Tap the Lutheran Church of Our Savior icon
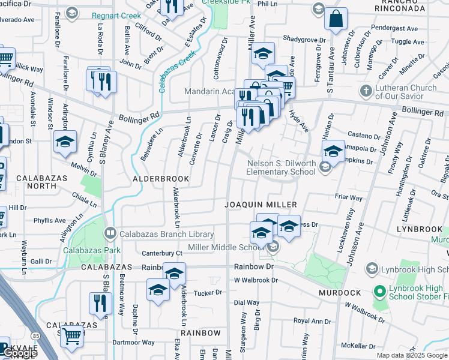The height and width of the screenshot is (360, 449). coord(365,91)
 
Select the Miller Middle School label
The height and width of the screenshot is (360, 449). coord(226,248)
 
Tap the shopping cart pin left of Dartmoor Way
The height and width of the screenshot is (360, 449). coord(72,337)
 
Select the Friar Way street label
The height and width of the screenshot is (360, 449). coord(349,197)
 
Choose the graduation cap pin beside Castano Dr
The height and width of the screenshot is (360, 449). coord(333,151)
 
